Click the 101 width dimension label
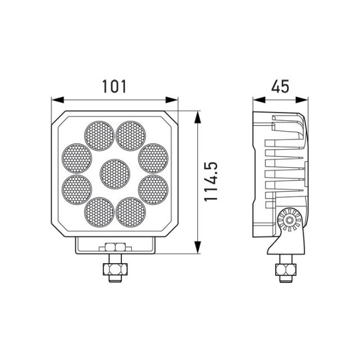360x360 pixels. coord(115,86)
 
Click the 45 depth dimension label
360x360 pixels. coord(280,86)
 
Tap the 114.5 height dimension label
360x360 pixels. coord(210,183)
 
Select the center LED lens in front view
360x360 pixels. coord(115,173)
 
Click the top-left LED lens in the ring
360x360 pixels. coord(98,134)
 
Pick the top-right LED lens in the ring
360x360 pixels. coord(131,134)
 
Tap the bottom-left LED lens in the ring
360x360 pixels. coord(98,211)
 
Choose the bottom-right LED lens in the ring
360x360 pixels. coord(131,211)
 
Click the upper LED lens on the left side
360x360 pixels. coord(76,157)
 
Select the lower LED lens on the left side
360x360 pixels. coord(76,189)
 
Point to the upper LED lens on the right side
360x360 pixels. coord(153,157)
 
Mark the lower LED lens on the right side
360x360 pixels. coord(153,189)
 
